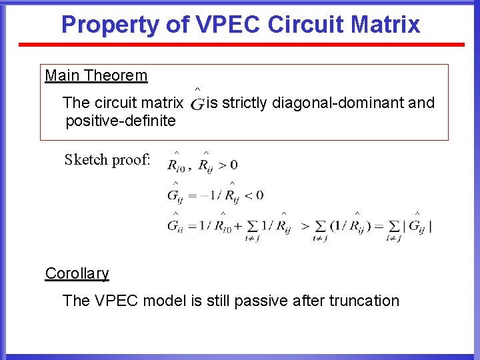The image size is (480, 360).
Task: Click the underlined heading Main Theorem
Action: click(96, 75)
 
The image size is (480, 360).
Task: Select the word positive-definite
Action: click(121, 121)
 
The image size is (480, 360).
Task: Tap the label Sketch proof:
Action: click(107, 160)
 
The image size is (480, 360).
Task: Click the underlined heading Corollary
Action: click(77, 273)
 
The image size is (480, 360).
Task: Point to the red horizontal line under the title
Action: click(241, 45)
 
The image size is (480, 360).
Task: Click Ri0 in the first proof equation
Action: click(177, 164)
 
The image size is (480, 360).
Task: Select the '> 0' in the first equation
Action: click(228, 164)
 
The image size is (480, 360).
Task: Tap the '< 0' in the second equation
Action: click(253, 195)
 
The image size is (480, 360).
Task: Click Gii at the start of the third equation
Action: click(175, 225)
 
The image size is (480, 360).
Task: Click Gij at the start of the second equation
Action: click(175, 195)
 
